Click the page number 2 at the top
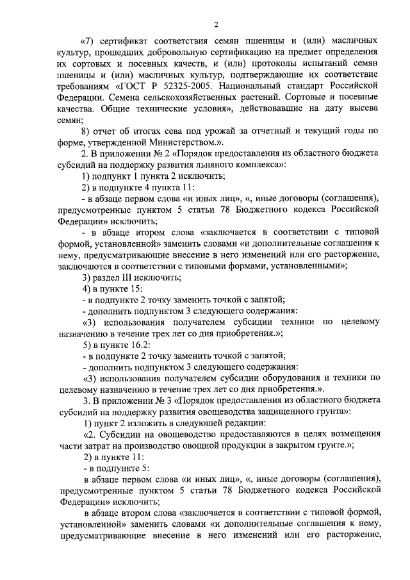click(x=216, y=25)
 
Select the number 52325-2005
click(x=186, y=85)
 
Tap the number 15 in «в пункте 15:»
click(x=126, y=288)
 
